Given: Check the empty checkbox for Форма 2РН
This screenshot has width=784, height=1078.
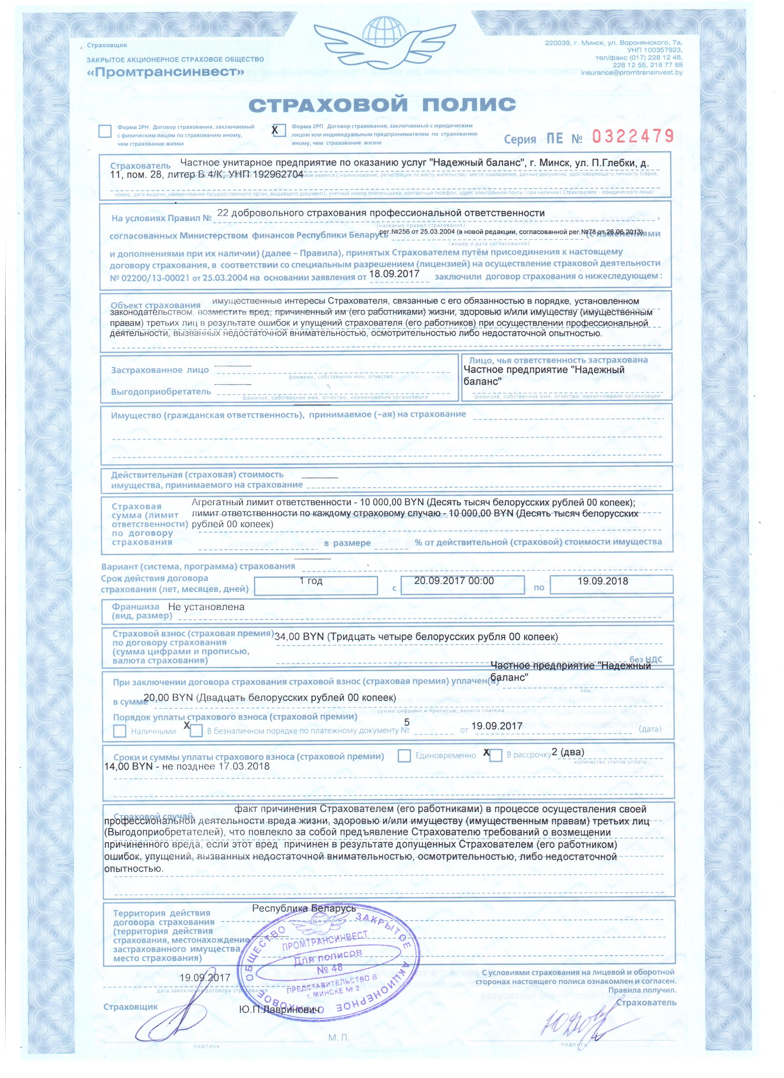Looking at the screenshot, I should (x=104, y=131).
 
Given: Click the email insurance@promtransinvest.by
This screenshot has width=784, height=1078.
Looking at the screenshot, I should (x=631, y=73).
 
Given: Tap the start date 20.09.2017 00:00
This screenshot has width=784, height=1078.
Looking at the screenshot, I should (x=454, y=581).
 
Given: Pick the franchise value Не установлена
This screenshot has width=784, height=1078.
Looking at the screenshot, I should (x=206, y=607).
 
